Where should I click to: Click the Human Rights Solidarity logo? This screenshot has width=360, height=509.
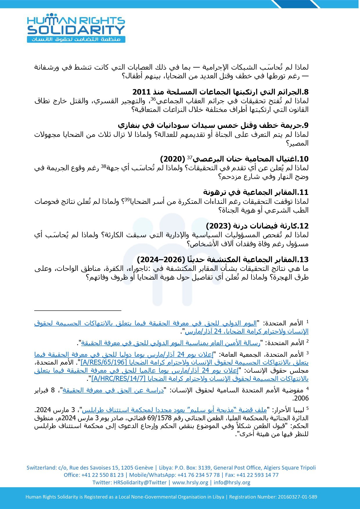tap(76, 28)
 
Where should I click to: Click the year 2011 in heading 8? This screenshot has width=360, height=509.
tap(142, 92)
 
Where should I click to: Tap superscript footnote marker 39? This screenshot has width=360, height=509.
tap(127, 200)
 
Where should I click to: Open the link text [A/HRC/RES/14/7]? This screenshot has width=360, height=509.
tap(118, 379)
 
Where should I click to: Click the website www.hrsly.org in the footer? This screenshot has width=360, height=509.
tap(190, 483)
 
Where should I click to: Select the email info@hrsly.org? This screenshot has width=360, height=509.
tap(232, 483)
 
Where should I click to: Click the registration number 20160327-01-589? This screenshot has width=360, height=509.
tap(297, 497)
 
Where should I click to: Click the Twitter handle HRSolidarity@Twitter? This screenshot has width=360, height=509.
tap(140, 483)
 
